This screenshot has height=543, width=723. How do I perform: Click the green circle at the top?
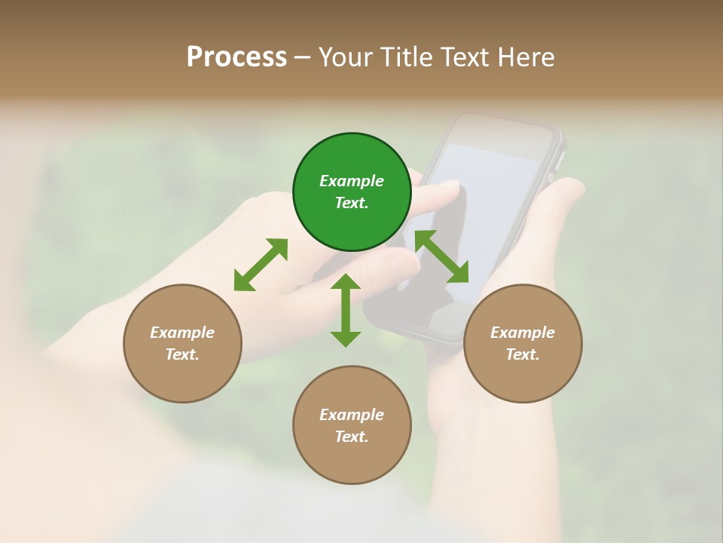click(352, 192)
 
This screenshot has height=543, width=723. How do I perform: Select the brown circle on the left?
click(182, 343)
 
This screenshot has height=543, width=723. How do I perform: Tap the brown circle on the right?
click(523, 343)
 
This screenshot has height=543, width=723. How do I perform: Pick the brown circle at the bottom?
click(352, 425)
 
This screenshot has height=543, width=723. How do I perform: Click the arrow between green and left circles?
click(261, 265)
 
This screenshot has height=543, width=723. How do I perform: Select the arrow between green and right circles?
click(442, 256)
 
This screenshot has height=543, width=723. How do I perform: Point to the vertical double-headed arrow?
click(346, 310)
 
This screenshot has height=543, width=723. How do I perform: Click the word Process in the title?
click(236, 57)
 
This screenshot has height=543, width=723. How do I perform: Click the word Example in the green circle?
click(352, 181)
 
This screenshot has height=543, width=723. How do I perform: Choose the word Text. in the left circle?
click(182, 354)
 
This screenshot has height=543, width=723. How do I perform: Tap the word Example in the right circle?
click(523, 333)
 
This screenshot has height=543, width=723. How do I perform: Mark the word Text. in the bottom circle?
click(352, 437)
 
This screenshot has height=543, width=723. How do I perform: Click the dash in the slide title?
click(302, 57)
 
